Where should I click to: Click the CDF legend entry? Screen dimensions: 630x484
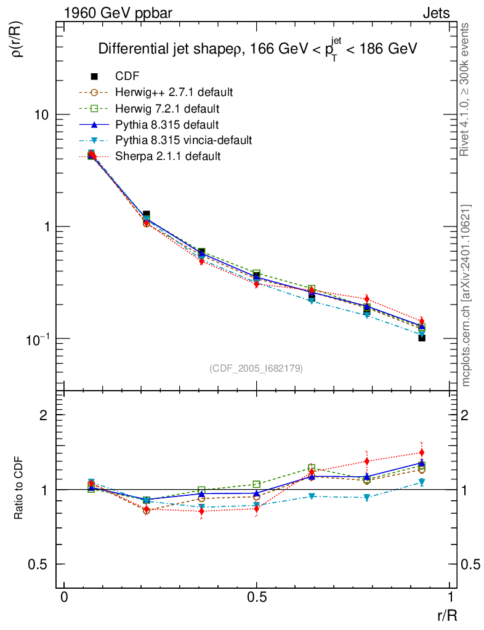(x=127, y=76)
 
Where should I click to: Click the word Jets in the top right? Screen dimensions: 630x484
(x=435, y=12)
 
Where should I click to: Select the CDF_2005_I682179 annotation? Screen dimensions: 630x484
(x=256, y=368)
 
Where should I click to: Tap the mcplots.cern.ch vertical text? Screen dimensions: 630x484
(x=466, y=295)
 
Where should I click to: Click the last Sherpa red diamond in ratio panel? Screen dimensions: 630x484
(x=422, y=453)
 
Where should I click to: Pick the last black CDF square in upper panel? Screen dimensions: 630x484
(x=422, y=338)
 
